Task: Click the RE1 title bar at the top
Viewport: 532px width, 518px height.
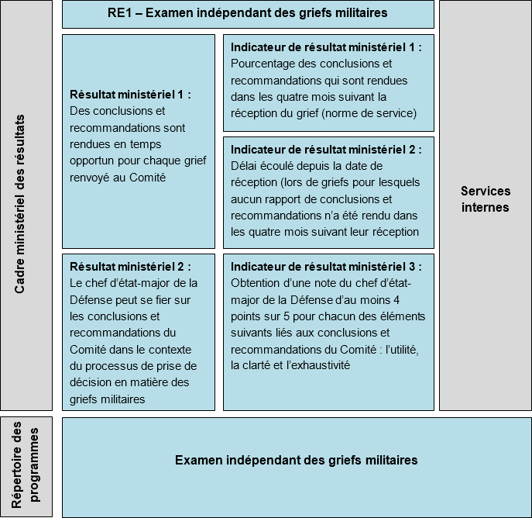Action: tap(248, 13)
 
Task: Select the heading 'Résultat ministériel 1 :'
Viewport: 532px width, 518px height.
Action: tap(130, 95)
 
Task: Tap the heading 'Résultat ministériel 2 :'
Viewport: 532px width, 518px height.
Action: tap(130, 265)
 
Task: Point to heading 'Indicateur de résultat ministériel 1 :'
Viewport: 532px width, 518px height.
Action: tap(326, 47)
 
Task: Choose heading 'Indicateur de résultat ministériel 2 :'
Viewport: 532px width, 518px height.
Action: tap(326, 149)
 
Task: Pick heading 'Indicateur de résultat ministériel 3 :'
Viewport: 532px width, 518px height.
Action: tap(326, 266)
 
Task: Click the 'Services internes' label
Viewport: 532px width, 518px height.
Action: tap(486, 199)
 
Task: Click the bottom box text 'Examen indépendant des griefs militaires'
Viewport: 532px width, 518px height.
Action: tap(296, 460)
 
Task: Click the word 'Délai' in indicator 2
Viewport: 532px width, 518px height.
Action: tap(244, 165)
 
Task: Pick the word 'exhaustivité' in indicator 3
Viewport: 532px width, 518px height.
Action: tap(322, 365)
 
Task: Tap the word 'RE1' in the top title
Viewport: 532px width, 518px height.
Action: tap(120, 13)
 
